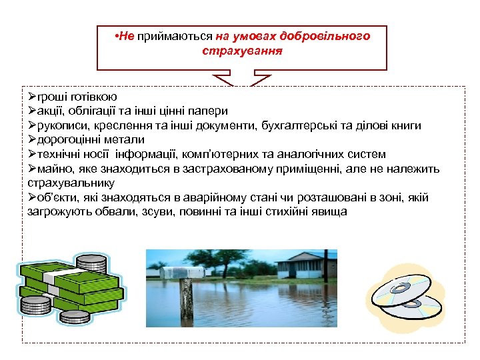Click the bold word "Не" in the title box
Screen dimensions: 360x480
coord(126,36)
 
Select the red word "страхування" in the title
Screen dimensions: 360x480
coord(241,50)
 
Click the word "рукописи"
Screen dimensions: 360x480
coord(62,125)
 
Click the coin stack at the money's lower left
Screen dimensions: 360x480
coord(35,307)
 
